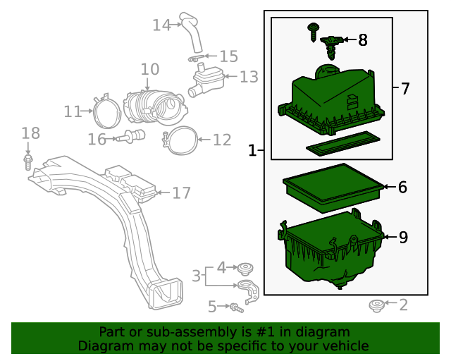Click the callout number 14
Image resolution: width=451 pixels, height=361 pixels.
click(161, 25)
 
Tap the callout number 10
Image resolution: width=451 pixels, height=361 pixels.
click(149, 69)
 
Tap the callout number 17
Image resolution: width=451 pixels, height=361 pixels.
click(181, 192)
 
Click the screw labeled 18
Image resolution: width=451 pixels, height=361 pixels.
click(28, 162)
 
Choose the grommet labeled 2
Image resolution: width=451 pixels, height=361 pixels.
click(377, 305)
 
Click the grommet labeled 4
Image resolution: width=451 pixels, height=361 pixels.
click(245, 267)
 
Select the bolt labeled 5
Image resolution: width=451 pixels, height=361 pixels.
click(237, 307)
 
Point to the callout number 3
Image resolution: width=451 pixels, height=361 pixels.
click(196, 276)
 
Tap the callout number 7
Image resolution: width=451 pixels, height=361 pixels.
click(404, 89)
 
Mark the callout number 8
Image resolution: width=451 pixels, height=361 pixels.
click(362, 40)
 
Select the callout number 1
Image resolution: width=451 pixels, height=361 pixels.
click(252, 150)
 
